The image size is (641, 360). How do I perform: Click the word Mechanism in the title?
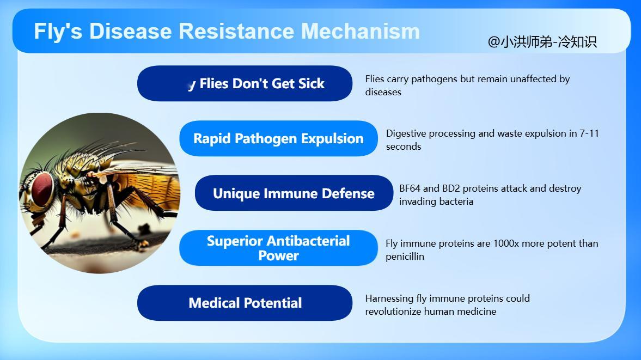(x=360, y=31)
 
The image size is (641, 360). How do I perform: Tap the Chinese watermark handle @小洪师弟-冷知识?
(x=542, y=42)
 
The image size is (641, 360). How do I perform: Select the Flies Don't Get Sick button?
(x=245, y=83)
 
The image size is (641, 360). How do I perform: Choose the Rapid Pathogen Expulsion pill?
(x=278, y=138)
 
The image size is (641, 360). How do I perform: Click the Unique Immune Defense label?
(x=294, y=193)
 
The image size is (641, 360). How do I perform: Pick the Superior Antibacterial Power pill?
(x=278, y=248)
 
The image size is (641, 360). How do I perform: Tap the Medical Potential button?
(x=245, y=303)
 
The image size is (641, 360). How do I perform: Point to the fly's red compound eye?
(x=42, y=189)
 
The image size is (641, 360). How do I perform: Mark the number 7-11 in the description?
(x=589, y=133)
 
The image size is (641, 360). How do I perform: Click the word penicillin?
(x=405, y=257)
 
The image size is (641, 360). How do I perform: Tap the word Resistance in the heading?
(x=236, y=31)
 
